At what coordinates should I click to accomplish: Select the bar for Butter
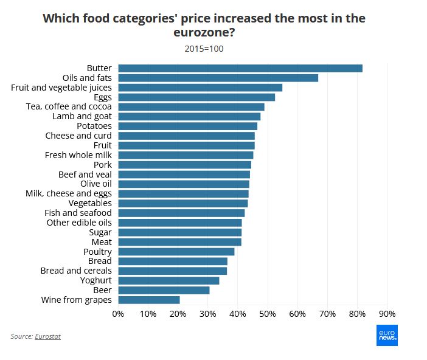pos(240,68)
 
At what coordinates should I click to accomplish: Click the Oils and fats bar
pos(218,78)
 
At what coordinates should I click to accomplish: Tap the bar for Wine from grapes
pos(149,300)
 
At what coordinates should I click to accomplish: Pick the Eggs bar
pos(196,97)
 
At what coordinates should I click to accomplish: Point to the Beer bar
pos(164,290)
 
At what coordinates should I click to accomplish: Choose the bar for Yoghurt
pos(168,280)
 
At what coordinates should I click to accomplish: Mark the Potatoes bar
pos(187,126)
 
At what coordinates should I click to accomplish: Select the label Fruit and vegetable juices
pos(61,88)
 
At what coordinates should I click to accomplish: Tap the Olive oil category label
pos(96,184)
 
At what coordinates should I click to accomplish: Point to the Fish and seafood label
pos(78,213)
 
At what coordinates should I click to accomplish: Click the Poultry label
pos(97,252)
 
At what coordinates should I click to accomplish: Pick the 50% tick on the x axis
pos(268,314)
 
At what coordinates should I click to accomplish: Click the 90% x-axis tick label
pos(387,314)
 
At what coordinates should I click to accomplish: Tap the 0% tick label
pos(119,314)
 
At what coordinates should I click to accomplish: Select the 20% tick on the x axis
pos(178,314)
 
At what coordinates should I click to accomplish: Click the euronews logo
pos(386,335)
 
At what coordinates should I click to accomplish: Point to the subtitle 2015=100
pos(204,49)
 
